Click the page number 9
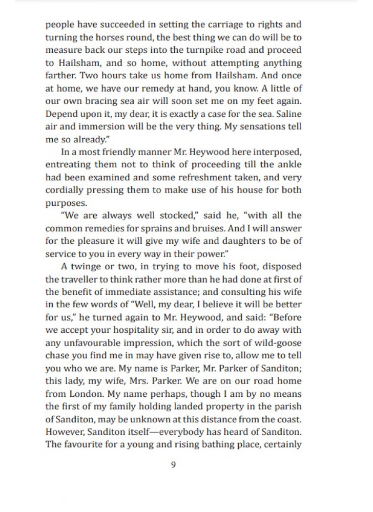click(x=173, y=465)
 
